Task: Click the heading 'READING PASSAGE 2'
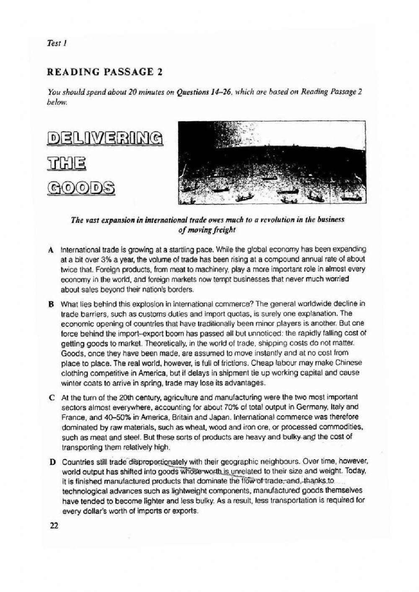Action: coord(105,72)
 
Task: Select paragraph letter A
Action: coord(50,250)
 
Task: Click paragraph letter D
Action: coord(52,463)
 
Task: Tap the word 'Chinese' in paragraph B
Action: coord(350,363)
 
